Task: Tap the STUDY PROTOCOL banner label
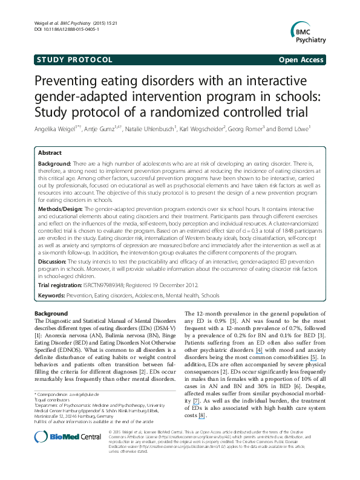(74, 60)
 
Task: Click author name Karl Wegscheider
(201, 128)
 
